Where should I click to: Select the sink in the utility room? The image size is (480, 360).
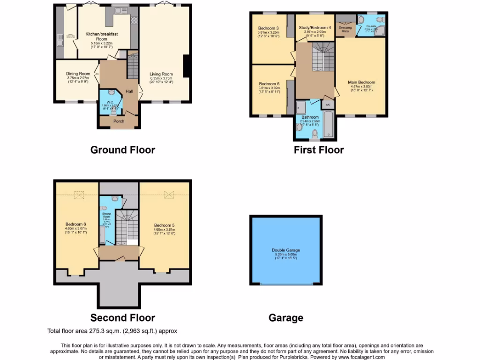tap(60, 44)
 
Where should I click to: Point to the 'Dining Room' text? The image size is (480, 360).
tap(78, 74)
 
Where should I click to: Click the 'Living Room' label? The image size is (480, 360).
tap(161, 74)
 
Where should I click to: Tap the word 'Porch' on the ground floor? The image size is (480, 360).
tap(119, 121)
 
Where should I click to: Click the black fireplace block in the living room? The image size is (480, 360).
tap(186, 66)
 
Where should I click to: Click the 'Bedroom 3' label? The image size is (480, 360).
tap(269, 28)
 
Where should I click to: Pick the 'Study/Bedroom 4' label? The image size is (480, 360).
tap(315, 28)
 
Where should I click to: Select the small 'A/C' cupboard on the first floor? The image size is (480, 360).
tap(328, 104)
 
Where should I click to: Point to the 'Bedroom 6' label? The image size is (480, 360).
tap(75, 224)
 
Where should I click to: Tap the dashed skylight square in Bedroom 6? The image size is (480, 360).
tap(78, 194)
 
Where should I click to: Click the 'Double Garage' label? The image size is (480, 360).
tap(285, 250)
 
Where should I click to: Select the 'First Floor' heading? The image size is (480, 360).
tap(319, 150)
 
